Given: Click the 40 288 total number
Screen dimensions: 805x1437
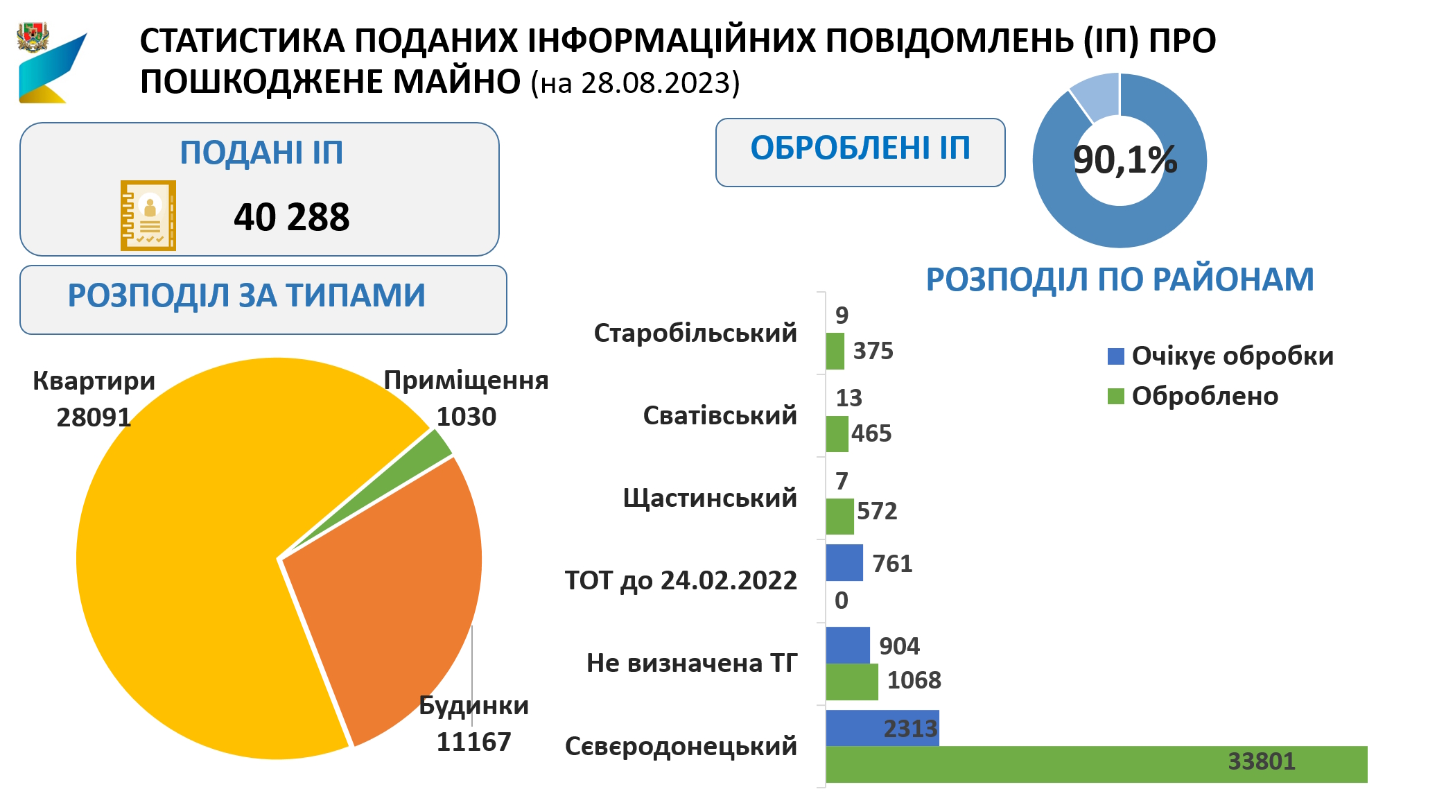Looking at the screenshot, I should click(x=291, y=217).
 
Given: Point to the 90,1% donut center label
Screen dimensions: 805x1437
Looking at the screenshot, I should click(x=1124, y=160).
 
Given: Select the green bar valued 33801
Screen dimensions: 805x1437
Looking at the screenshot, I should click(x=1095, y=764).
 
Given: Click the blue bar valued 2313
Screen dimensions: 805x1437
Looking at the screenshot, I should click(x=882, y=727).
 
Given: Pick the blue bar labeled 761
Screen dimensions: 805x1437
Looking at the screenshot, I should click(x=844, y=562).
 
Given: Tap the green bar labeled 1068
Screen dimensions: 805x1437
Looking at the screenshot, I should click(x=851, y=682).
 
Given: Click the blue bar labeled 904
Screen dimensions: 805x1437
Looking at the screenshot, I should click(x=847, y=645).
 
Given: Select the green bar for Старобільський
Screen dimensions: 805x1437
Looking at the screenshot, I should click(x=835, y=351).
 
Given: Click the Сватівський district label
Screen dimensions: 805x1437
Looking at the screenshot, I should click(x=720, y=415).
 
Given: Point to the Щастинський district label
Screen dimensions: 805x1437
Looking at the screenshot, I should click(x=710, y=498).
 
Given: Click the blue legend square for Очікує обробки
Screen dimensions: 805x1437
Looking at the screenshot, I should click(x=1115, y=356).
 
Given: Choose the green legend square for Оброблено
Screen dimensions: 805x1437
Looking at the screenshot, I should click(x=1115, y=396).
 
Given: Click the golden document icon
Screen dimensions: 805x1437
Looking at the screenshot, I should click(x=148, y=216).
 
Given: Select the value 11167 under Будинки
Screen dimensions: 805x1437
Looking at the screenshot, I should click(x=473, y=742).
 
